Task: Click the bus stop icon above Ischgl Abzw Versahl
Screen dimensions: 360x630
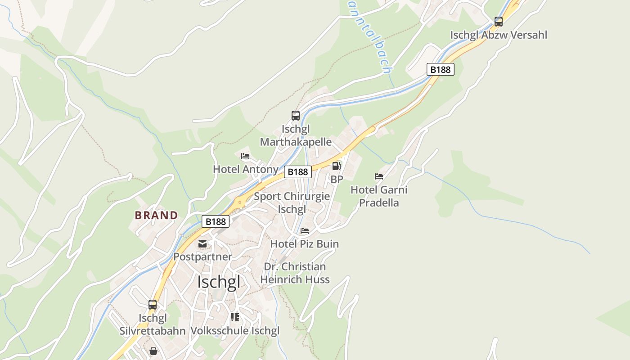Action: coord(498,21)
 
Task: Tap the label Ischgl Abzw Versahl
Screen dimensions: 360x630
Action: coord(499,35)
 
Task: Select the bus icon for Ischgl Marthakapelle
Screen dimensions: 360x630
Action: coord(295,116)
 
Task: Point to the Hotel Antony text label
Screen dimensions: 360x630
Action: coord(246,169)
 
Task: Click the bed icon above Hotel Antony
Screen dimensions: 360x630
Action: coord(245,156)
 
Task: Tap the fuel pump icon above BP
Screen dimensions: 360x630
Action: coord(336,166)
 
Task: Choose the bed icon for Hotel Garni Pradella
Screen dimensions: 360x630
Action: coord(379,176)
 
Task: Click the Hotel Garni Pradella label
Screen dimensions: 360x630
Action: coord(379,196)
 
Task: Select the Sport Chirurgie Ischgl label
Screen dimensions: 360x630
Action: coord(292,202)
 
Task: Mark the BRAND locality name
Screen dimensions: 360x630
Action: coord(157,215)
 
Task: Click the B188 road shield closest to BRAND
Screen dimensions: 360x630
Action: coord(216,221)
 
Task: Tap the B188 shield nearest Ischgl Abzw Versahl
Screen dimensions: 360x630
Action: coord(440,69)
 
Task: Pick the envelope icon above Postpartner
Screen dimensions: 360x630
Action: coord(202,244)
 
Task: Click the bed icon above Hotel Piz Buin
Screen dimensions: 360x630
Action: coord(305,231)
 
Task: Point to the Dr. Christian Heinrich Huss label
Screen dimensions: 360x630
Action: coord(295,273)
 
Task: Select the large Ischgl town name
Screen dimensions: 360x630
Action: coord(219,282)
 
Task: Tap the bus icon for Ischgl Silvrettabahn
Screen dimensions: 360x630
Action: coord(153,305)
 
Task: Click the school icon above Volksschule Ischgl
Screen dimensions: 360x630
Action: coord(234,317)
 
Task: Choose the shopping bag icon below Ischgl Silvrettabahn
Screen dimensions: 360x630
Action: coord(153,351)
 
